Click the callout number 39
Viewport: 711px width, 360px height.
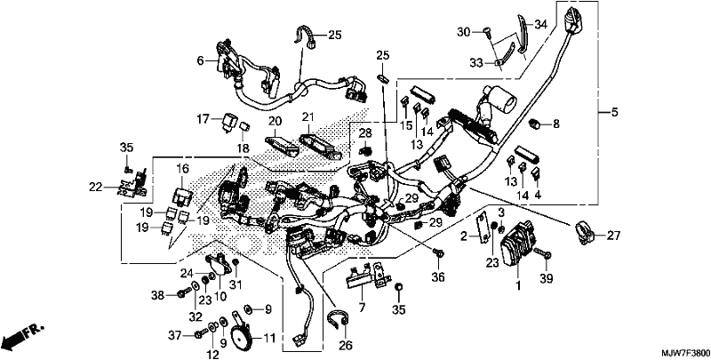click(x=547, y=279)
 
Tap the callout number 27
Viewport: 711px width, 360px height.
click(x=613, y=236)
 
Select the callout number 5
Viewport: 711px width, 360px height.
click(x=614, y=112)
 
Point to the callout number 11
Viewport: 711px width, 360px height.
click(x=269, y=339)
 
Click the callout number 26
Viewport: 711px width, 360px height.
click(x=346, y=345)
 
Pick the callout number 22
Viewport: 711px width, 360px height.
click(x=96, y=187)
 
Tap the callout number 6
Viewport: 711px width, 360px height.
click(x=201, y=60)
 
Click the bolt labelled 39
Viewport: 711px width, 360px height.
click(x=542, y=252)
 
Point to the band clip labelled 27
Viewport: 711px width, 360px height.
click(x=586, y=233)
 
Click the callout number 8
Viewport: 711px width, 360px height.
click(x=556, y=124)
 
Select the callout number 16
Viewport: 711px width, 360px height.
click(x=182, y=170)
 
